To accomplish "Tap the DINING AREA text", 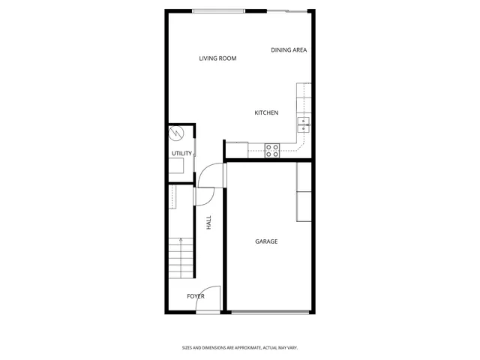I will [x=289, y=50].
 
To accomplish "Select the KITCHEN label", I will [x=266, y=112].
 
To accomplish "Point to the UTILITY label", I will [x=181, y=154].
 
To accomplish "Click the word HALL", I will [x=208, y=223].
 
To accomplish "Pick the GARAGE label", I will [x=266, y=241].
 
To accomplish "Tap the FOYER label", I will [x=196, y=296].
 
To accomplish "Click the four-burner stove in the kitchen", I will [x=271, y=150].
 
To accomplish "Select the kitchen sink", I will [x=304, y=123].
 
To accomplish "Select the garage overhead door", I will [x=270, y=312].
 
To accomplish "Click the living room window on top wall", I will [x=217, y=10].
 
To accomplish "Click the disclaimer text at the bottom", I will [x=240, y=347].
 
